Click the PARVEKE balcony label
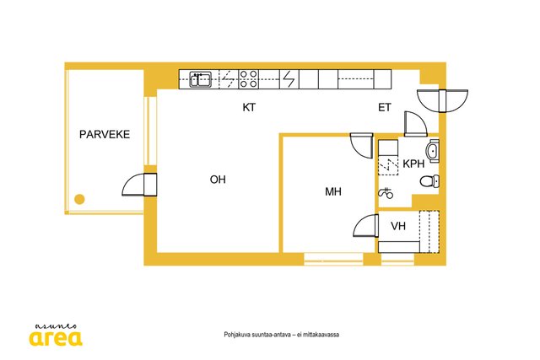[105, 134]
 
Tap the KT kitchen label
[249, 107]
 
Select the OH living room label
[218, 180]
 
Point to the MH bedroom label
[333, 191]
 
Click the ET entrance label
[385, 108]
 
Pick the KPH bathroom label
[413, 164]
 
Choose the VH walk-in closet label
[398, 226]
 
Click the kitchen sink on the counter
[201, 79]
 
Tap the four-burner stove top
[249, 79]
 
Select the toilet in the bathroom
[429, 181]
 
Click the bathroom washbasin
[433, 151]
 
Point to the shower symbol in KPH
[386, 193]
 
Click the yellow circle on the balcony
[79, 199]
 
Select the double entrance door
[442, 100]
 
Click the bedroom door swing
[362, 146]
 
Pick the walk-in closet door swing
[366, 225]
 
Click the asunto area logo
[56, 335]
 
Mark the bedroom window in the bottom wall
[333, 259]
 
